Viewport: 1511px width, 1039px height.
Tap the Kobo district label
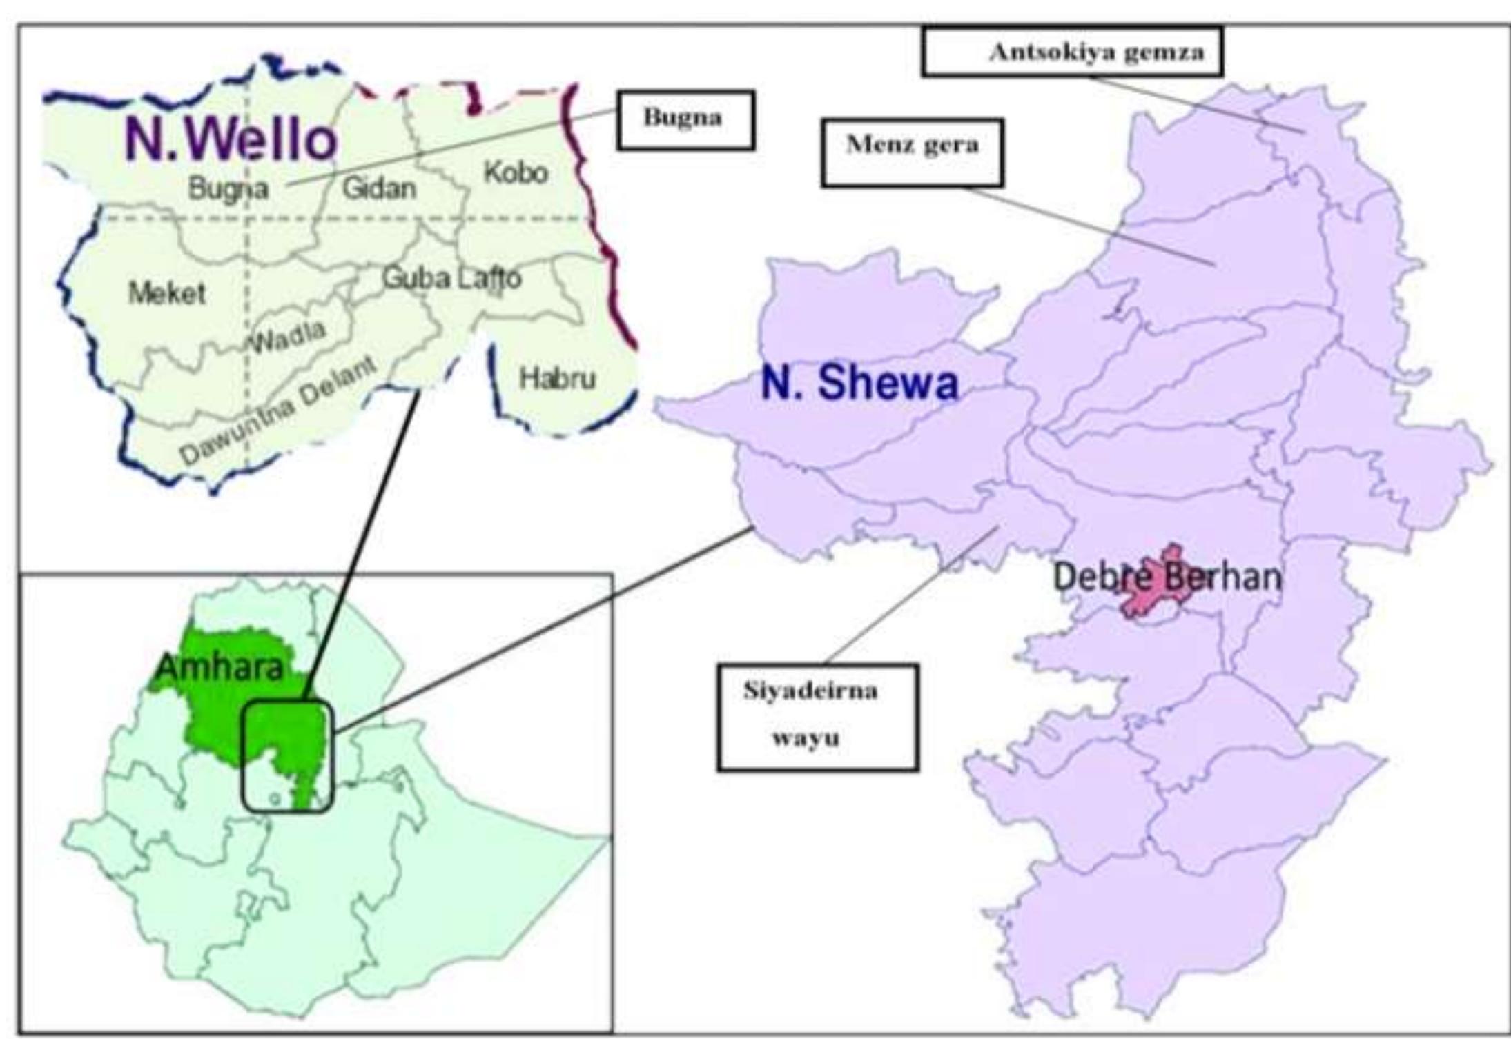(516, 172)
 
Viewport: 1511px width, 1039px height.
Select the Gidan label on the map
(380, 188)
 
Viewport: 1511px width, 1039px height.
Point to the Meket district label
(167, 294)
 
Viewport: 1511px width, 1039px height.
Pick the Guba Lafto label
(451, 278)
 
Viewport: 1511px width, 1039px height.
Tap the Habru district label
(557, 378)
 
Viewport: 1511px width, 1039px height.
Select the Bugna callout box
(685, 119)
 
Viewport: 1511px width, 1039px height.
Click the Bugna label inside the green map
(228, 188)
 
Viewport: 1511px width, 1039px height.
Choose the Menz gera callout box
(912, 152)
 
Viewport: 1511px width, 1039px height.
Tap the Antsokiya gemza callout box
(1072, 52)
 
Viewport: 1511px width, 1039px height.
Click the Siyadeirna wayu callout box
(817, 716)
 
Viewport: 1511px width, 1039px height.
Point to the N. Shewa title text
(859, 384)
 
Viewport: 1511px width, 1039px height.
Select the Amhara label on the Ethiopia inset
(220, 666)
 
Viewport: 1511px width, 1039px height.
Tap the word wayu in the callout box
(806, 738)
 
